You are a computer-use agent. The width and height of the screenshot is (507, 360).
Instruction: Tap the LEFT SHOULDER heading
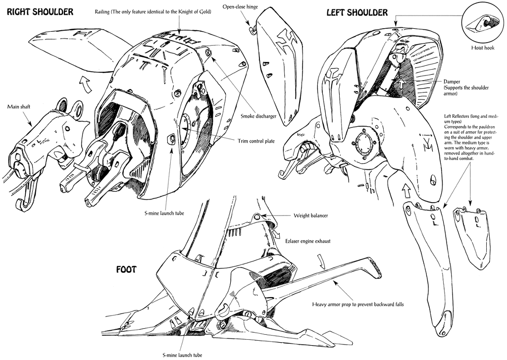[357, 12]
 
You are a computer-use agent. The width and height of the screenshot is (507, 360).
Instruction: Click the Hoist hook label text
[483, 48]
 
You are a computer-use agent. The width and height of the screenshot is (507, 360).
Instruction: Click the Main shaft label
[19, 106]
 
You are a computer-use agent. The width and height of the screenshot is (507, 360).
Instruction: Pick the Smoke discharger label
[258, 116]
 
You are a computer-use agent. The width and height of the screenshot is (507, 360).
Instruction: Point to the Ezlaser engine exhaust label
[307, 241]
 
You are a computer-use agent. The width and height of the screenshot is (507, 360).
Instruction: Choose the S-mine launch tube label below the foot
[182, 355]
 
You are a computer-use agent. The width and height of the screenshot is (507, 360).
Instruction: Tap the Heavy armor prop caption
[358, 304]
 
